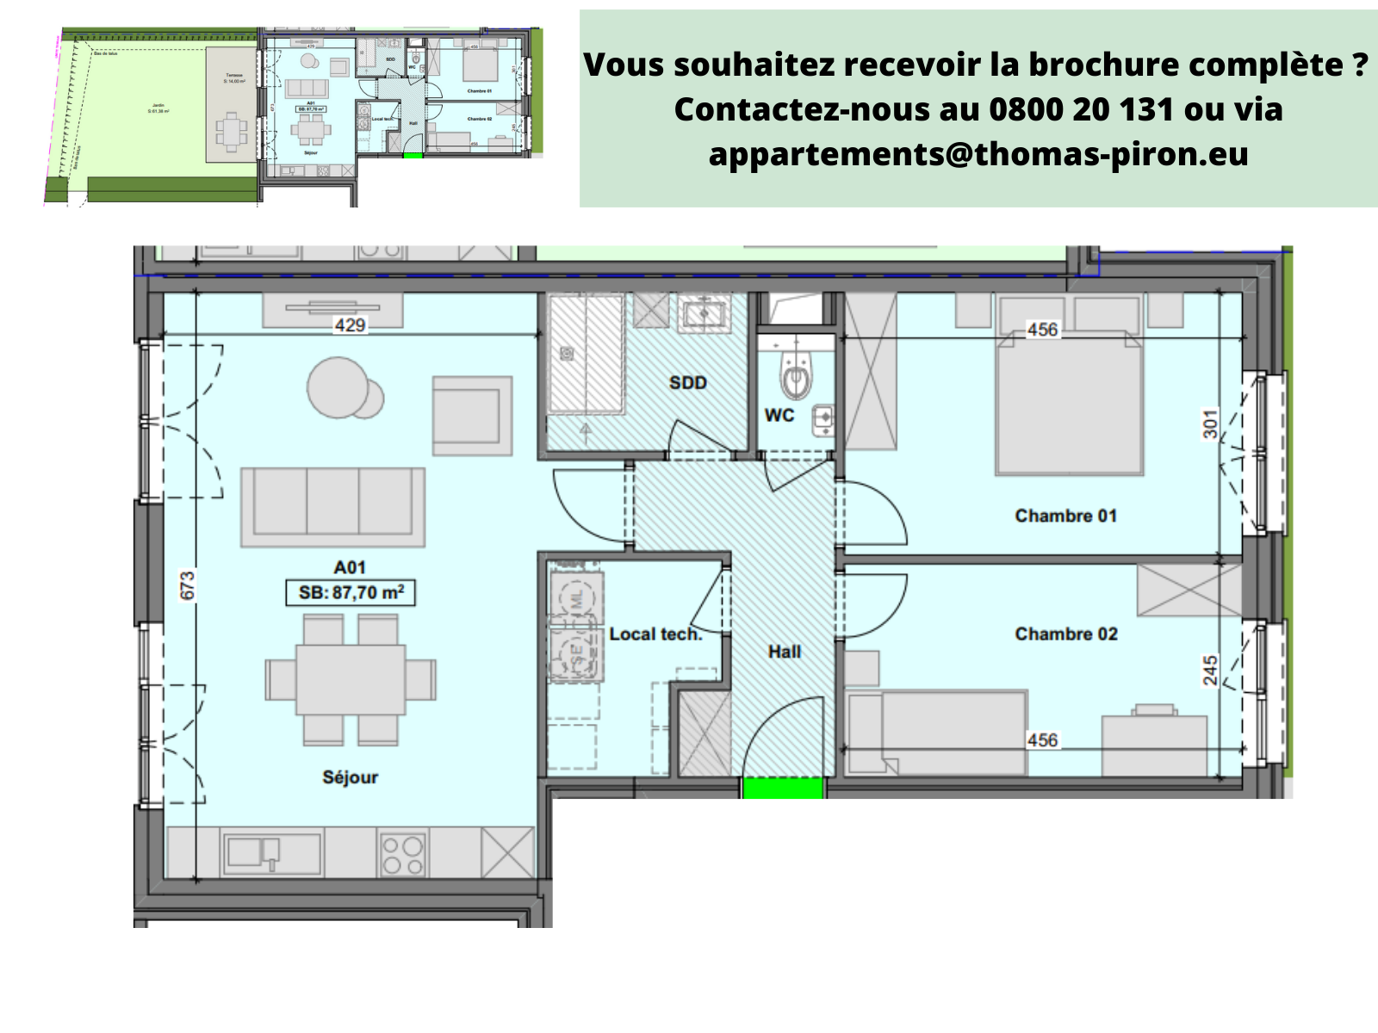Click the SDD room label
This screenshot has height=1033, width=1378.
tap(687, 383)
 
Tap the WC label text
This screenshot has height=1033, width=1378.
tap(779, 415)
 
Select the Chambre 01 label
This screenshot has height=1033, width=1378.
tap(1065, 516)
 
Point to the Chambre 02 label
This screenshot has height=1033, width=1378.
tap(1065, 634)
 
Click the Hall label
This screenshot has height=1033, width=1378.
tap(784, 652)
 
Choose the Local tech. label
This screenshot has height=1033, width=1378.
tap(655, 634)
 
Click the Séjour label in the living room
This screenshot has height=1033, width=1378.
tap(350, 777)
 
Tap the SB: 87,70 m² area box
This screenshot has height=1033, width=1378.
tap(351, 593)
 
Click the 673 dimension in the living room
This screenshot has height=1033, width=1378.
tap(188, 585)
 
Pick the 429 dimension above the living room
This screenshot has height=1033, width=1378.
tap(350, 325)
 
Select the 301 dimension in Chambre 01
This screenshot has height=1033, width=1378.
tap(1210, 424)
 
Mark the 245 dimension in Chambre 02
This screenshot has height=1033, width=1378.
tap(1210, 671)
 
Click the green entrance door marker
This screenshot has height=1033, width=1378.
tap(783, 788)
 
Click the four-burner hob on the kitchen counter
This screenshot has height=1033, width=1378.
tap(402, 855)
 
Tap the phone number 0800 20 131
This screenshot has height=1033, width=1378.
tap(1081, 109)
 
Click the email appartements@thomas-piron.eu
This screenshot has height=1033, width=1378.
tap(978, 154)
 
